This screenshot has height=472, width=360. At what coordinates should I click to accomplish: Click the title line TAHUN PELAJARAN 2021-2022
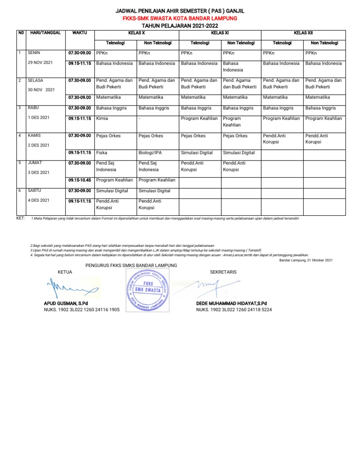pos(180,26)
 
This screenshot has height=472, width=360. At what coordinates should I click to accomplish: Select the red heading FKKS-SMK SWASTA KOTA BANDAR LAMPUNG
pos(180,18)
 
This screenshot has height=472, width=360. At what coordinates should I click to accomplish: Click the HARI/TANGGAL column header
pos(45,33)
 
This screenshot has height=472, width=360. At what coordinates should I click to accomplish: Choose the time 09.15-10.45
pos(79,180)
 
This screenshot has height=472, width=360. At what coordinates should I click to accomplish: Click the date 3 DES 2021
pos(39,172)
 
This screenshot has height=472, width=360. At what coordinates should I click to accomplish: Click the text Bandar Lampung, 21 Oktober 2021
pos(306,260)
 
